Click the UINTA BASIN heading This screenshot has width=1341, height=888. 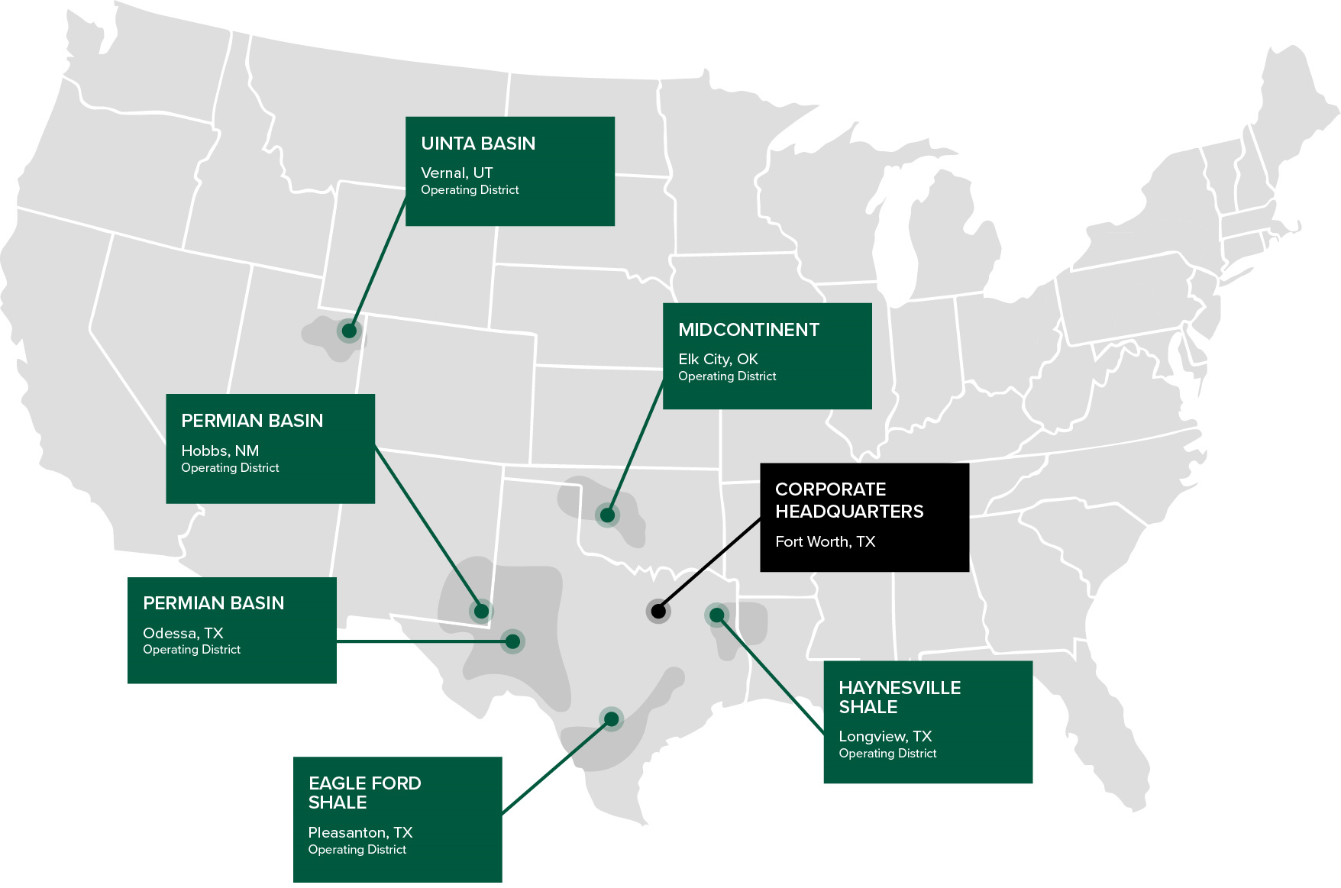pos(478,144)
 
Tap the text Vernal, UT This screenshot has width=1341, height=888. pos(457,173)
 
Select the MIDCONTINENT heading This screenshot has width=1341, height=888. pos(748,330)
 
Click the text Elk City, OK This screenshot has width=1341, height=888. pos(718,359)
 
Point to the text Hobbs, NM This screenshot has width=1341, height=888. pos(220,450)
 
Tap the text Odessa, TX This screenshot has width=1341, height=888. pos(183,633)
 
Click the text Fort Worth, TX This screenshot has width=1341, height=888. pos(825,541)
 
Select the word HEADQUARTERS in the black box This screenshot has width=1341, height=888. pos(849,512)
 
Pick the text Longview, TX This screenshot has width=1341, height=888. pos(885,736)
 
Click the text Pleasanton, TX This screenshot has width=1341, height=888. pos(360,832)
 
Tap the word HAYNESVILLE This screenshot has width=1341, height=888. pos(900,688)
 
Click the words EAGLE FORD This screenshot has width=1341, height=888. pos(364,783)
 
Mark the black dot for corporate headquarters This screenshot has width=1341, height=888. pos(658,611)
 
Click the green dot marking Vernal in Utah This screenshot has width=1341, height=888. pos(349,331)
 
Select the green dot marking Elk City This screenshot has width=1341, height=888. pos(607,515)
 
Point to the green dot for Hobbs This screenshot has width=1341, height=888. pos(481,611)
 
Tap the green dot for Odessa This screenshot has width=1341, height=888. pos(512,641)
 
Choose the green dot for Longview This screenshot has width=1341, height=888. pos(716,615)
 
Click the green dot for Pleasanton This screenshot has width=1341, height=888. pos(611,718)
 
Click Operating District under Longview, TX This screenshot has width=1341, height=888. pos(887,754)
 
